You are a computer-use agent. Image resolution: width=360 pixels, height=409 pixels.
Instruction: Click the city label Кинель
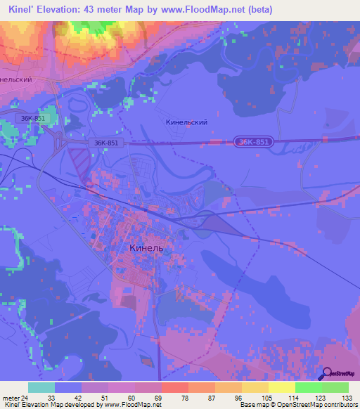(x=148, y=248)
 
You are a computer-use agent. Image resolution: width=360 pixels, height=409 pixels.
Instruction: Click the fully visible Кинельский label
(x=186, y=122)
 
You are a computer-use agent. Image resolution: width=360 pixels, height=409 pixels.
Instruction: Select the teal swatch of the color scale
(x=41, y=387)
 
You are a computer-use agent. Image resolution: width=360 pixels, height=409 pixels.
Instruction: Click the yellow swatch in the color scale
(x=281, y=387)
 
